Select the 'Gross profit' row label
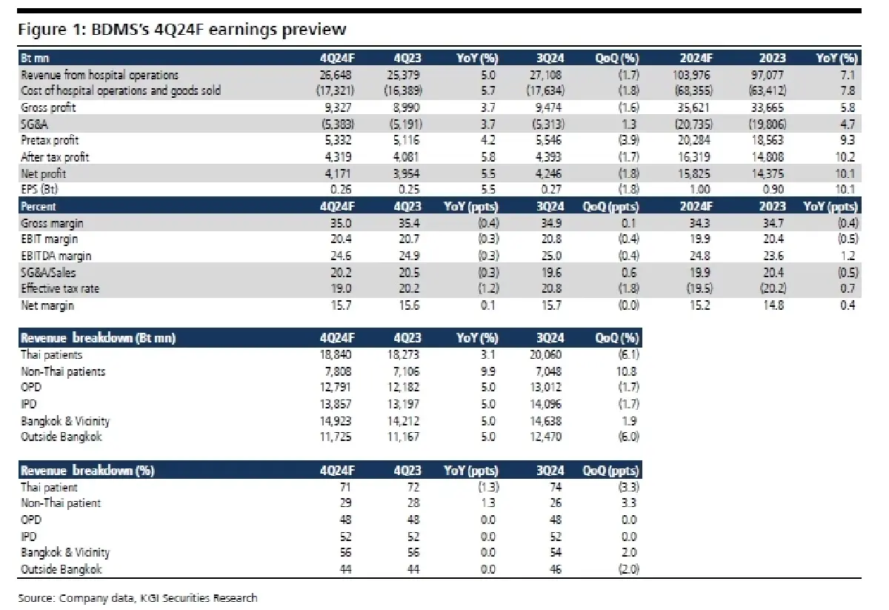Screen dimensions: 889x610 click(48, 107)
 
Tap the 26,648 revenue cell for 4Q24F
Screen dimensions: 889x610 click(336, 75)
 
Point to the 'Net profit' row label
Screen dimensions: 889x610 click(43, 174)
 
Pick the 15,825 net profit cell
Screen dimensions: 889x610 click(693, 174)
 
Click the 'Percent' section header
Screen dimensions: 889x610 click(39, 207)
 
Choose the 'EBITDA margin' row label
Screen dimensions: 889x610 click(56, 256)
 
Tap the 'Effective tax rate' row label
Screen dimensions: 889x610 click(60, 289)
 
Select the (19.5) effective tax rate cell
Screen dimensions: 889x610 click(699, 289)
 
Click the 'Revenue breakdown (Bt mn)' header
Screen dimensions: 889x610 click(98, 338)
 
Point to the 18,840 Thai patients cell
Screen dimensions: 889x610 click(336, 354)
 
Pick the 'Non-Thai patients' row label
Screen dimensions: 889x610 click(63, 372)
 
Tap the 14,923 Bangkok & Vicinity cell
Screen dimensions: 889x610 click(336, 421)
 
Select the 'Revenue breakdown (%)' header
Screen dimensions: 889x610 click(87, 471)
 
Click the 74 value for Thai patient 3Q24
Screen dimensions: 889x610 click(556, 487)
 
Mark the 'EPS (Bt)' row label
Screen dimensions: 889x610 click(39, 190)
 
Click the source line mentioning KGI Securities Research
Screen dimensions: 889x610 click(138, 598)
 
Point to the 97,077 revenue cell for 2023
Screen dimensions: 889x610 click(768, 75)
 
